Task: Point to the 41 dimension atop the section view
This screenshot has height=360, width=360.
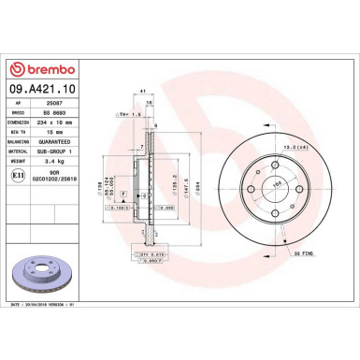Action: (x=141, y=91)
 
